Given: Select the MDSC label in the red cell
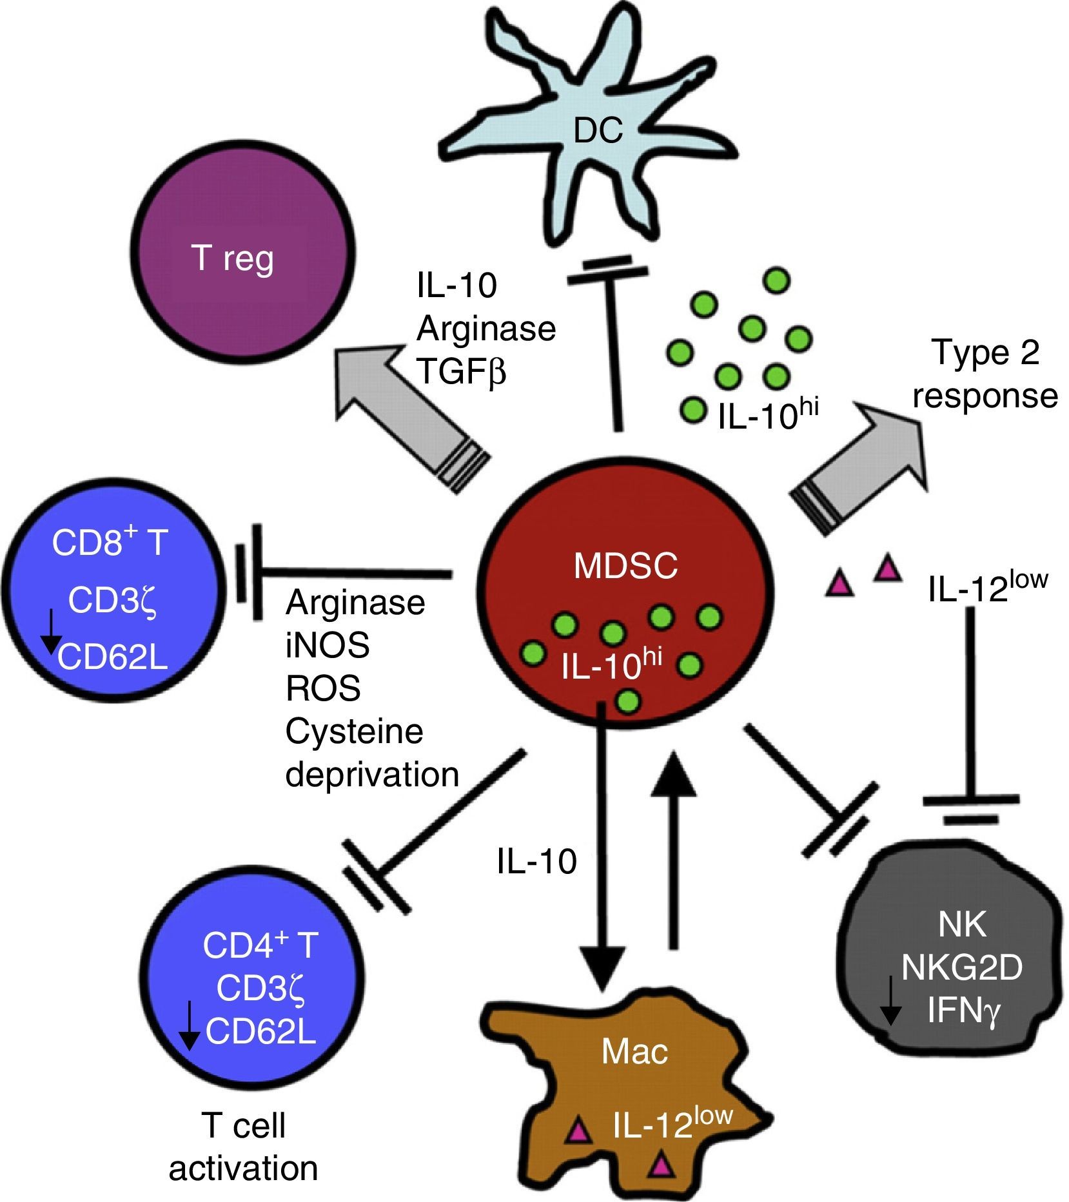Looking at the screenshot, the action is pyautogui.click(x=625, y=567).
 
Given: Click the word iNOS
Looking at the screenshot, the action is pyautogui.click(x=328, y=645).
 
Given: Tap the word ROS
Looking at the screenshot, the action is pyautogui.click(x=323, y=688).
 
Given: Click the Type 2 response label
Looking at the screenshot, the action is pyautogui.click(x=985, y=374).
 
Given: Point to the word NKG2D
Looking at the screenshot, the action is pyautogui.click(x=962, y=968).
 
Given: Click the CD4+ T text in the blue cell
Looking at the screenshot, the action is pyautogui.click(x=260, y=944).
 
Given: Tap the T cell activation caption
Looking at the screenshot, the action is pyautogui.click(x=243, y=1147).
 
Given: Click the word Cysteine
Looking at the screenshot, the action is pyautogui.click(x=355, y=732).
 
